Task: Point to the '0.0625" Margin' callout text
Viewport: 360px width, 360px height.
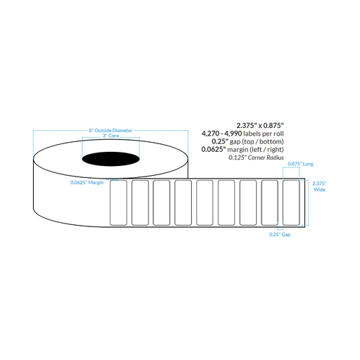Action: click(87, 182)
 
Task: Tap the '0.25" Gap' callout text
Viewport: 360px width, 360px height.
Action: click(280, 234)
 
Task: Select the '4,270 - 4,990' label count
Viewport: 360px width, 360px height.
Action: click(222, 134)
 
